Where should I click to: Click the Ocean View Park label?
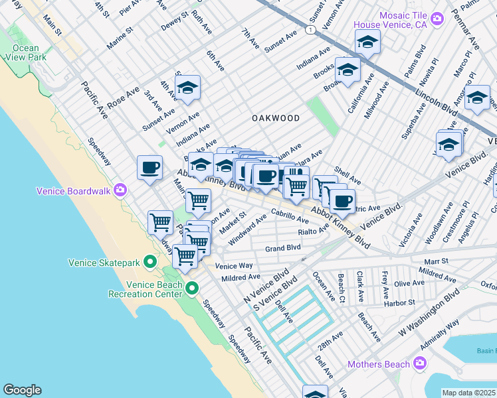point(25,53)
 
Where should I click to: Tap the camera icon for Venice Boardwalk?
point(120,191)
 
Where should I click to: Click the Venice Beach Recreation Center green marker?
point(192,288)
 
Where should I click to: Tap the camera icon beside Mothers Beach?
point(419,364)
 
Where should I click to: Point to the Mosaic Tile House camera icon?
point(437,18)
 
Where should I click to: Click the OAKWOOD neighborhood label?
point(275,118)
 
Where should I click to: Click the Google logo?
point(22,390)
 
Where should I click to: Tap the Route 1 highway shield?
point(310,31)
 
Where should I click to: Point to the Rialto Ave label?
point(314,230)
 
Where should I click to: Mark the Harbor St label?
point(399,302)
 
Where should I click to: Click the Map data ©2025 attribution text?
point(469,393)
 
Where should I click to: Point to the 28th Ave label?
point(328,346)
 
